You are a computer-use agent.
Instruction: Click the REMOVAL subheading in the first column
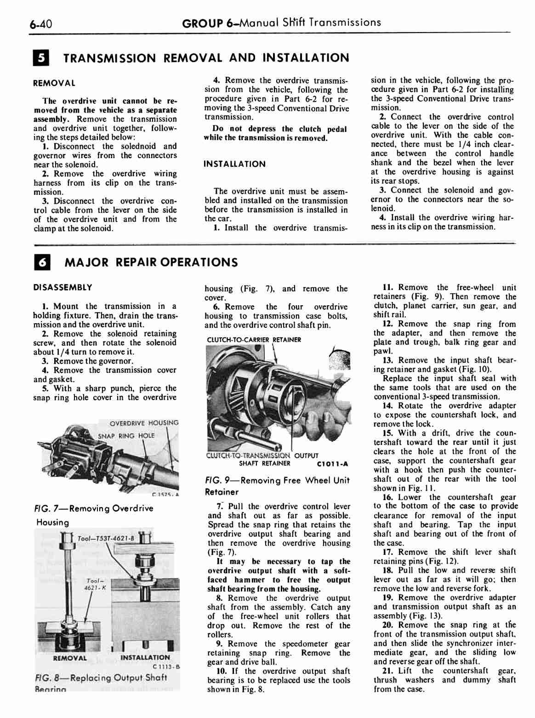(x=54, y=84)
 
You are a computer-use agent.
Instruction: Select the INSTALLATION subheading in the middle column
(x=234, y=164)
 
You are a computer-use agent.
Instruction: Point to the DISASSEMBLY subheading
(x=63, y=288)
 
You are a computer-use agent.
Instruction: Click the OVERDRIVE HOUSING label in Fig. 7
(x=144, y=423)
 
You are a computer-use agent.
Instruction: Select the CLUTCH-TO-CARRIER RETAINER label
(x=254, y=340)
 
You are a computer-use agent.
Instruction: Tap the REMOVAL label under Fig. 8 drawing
(x=70, y=658)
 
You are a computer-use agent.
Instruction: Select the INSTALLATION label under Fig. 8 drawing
(x=145, y=658)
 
